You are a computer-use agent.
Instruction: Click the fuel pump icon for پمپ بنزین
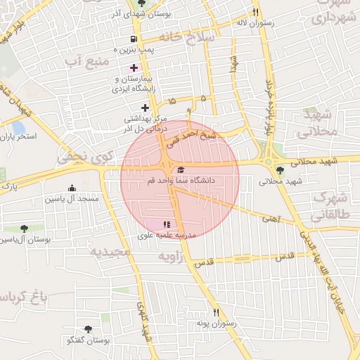[134, 39]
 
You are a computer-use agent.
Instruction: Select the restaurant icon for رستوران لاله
[256, 12]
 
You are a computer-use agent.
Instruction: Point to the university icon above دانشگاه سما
[181, 170]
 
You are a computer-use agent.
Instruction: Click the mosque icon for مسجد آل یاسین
[71, 188]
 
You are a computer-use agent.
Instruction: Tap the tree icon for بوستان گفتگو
[88, 329]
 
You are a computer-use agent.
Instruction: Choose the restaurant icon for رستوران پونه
[216, 312]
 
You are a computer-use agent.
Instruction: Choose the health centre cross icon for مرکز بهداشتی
[145, 108]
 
